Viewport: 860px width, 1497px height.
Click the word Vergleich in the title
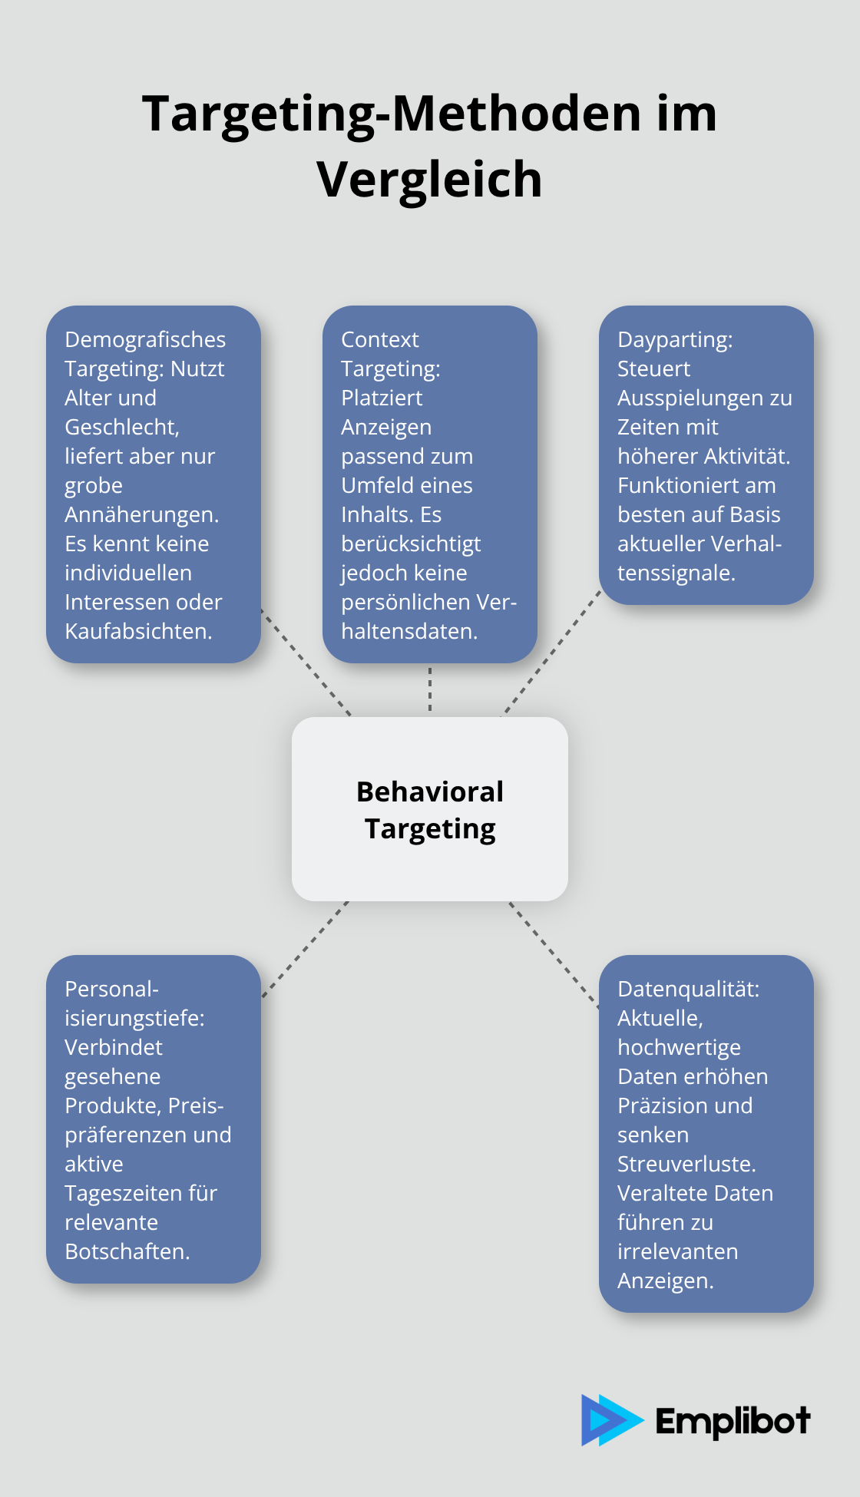(429, 180)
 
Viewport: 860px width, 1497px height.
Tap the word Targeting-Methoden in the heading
(392, 114)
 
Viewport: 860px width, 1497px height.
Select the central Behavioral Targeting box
(430, 809)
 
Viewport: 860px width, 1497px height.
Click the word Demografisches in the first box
(145, 339)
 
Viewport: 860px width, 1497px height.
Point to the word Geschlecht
(121, 427)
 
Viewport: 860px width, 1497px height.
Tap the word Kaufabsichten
(138, 631)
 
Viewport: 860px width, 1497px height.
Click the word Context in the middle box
(379, 339)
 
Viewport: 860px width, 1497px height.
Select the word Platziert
(382, 398)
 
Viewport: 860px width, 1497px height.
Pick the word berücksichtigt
(411, 544)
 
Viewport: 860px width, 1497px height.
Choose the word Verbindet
(114, 1047)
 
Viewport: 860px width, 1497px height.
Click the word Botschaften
(127, 1251)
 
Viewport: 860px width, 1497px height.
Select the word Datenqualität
(688, 989)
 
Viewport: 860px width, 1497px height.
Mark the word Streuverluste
(686, 1164)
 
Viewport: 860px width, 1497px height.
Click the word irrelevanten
(677, 1251)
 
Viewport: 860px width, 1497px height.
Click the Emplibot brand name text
(733, 1422)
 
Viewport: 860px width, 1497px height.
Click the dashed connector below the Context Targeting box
(430, 689)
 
